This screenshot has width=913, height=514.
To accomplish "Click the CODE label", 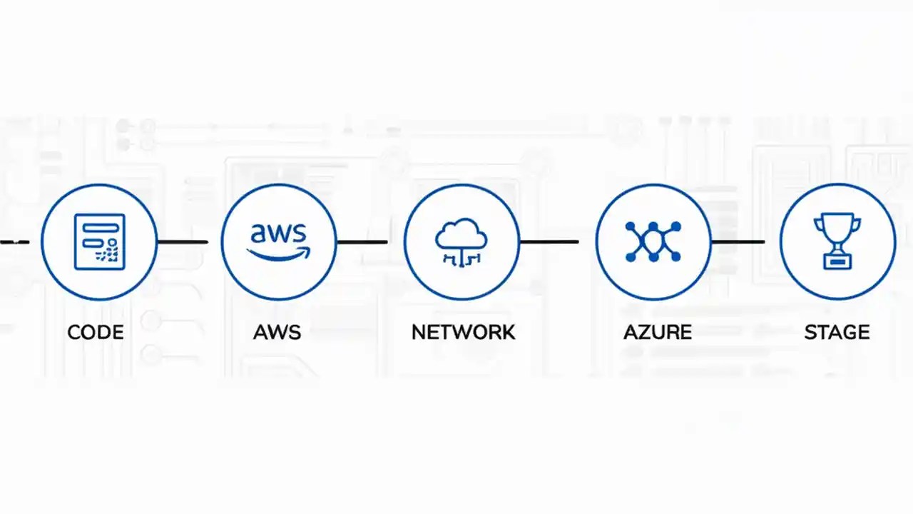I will click(95, 332).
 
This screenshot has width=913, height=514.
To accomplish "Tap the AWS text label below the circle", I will click(277, 332).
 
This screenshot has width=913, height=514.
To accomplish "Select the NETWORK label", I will click(463, 332).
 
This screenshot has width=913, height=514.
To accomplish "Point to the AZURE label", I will click(657, 332).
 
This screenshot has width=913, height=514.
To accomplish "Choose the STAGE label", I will click(837, 332).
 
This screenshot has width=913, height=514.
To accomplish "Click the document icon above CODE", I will click(99, 241).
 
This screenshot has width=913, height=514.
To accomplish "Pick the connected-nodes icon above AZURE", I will click(653, 241).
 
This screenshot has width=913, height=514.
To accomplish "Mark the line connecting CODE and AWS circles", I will click(182, 242).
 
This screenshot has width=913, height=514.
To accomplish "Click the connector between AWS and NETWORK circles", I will click(362, 242).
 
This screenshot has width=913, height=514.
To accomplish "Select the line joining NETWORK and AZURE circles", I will click(549, 242).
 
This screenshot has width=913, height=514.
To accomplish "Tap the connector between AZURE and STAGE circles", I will click(738, 242).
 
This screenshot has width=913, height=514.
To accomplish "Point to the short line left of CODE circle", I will click(14, 242).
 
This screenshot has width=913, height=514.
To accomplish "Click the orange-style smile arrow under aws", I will click(278, 253).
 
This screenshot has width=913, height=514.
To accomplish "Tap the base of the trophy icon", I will click(837, 262).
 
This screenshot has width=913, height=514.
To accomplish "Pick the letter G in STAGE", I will click(846, 332).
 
